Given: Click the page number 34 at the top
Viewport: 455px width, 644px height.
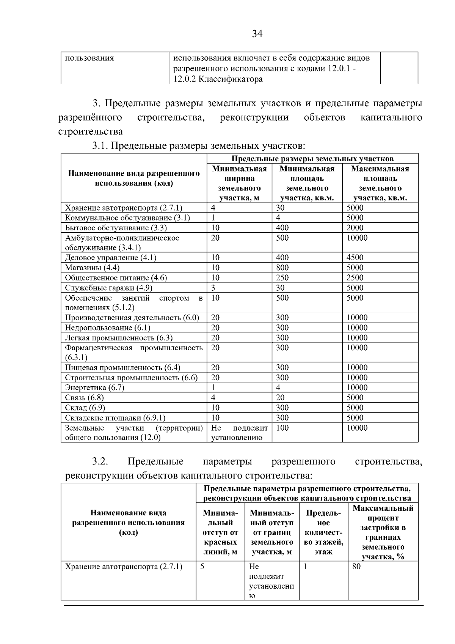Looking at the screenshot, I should (x=257, y=34).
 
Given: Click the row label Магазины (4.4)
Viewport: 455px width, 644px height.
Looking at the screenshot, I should (x=92, y=268).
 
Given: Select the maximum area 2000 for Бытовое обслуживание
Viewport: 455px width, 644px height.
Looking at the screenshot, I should (x=355, y=228).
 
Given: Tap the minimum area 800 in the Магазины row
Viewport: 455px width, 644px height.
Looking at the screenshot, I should (x=282, y=268).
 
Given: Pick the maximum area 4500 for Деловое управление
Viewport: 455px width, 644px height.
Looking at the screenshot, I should (x=355, y=258).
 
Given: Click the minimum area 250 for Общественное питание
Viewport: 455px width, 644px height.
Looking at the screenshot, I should (x=282, y=278).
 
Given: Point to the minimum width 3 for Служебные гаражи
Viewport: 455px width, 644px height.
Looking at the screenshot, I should (x=213, y=288).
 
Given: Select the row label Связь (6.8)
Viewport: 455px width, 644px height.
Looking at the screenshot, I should (x=85, y=398).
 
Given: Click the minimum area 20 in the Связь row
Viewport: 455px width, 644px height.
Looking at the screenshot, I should (x=280, y=398).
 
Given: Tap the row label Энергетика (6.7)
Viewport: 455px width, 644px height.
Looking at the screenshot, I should (x=95, y=387).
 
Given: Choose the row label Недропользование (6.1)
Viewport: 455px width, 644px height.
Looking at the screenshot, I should (x=108, y=328).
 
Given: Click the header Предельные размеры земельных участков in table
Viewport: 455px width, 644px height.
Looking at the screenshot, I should (x=312, y=159).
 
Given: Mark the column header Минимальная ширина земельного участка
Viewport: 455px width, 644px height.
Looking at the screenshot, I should (x=239, y=183).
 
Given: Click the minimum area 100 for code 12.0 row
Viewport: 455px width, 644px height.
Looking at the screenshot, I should (x=282, y=428).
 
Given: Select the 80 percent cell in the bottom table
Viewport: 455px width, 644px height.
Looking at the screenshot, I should (x=356, y=567).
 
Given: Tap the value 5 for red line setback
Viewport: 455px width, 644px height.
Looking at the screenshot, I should (x=202, y=567).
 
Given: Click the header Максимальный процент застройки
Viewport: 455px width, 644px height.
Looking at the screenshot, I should (x=383, y=532).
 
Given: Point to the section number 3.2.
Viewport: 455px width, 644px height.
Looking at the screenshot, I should (x=100, y=461).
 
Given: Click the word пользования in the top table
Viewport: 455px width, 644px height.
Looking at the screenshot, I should (x=89, y=58).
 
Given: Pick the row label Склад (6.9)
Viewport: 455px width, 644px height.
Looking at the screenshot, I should (x=85, y=408).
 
